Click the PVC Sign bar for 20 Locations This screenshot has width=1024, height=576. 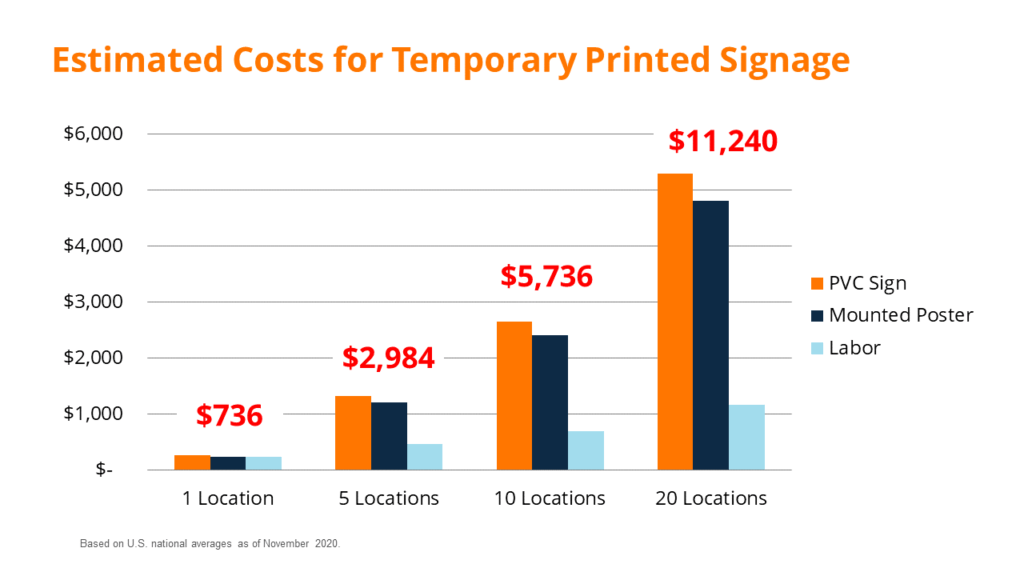[674, 321]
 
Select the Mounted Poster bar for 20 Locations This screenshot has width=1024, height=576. [710, 335]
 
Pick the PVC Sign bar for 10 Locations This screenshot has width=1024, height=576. [514, 395]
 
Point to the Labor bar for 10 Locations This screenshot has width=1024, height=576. [586, 450]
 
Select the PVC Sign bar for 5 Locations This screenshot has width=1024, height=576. [353, 432]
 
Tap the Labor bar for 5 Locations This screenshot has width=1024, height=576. [425, 456]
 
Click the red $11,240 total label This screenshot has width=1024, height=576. [723, 141]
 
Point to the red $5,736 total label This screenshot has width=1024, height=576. [546, 277]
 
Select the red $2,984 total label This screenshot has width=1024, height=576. [388, 358]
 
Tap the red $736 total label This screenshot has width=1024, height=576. [229, 415]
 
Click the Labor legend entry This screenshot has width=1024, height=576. [853, 348]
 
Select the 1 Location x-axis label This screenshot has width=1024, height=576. [229, 498]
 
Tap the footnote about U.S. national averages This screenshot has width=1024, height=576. [211, 544]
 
